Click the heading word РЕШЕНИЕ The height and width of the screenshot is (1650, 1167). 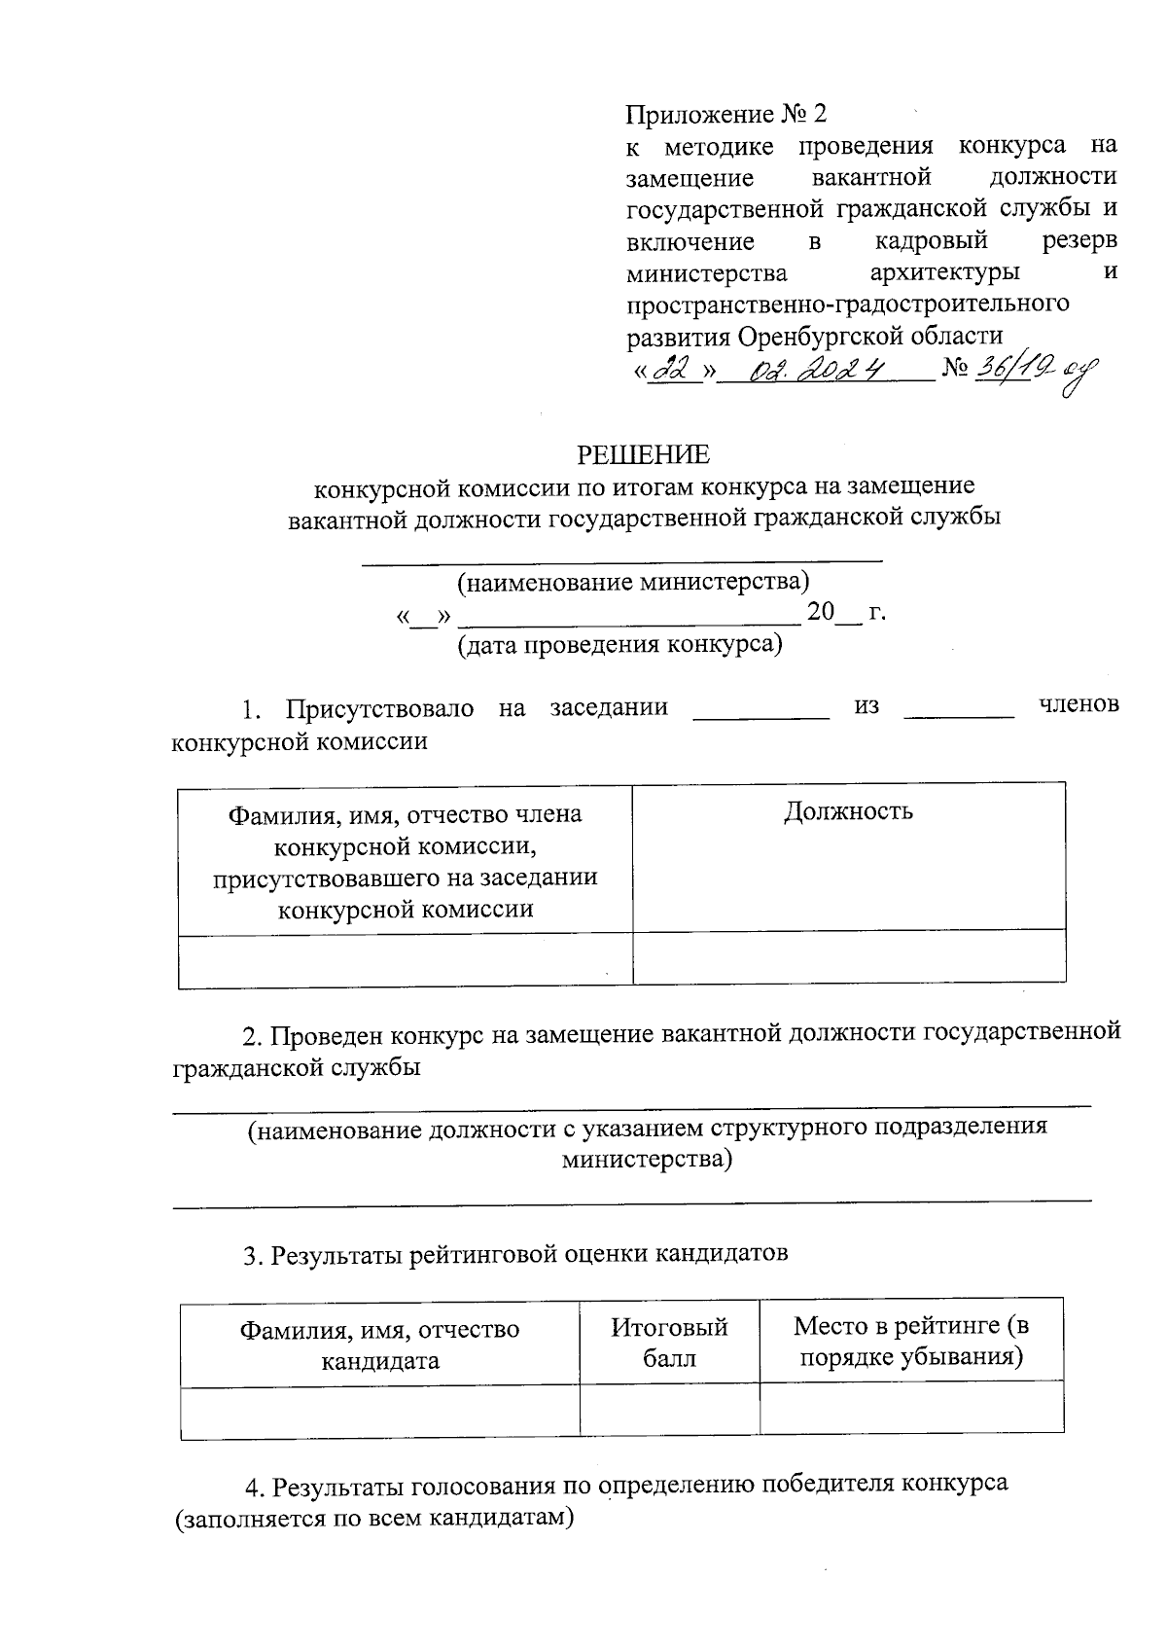pyautogui.click(x=644, y=454)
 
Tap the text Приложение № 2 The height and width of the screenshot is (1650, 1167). pyautogui.click(x=725, y=115)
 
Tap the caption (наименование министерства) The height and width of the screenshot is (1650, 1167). pyautogui.click(x=633, y=582)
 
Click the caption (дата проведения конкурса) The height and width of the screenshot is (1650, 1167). pyautogui.click(x=620, y=644)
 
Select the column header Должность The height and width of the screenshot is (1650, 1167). pyautogui.click(x=848, y=811)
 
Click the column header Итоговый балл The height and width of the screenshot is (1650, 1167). pyautogui.click(x=669, y=1343)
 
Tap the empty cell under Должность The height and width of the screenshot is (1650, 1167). pyautogui.click(x=848, y=957)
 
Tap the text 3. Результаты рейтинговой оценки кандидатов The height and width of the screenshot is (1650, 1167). pyautogui.click(x=515, y=1253)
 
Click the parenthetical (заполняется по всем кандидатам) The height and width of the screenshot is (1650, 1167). pyautogui.click(x=374, y=1518)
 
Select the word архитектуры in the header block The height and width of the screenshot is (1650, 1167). pyautogui.click(x=944, y=271)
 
